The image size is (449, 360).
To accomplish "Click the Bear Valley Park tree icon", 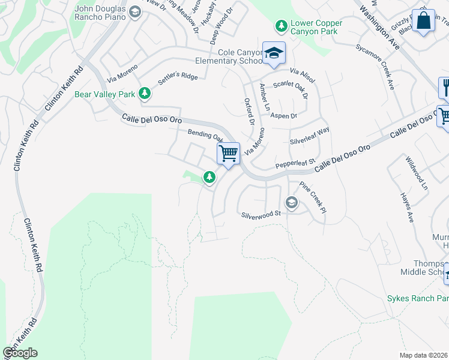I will point(144,94).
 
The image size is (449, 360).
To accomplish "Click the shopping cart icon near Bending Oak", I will point(228,154).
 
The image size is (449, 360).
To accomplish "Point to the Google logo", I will point(20,353).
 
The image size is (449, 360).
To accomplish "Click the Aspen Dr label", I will point(283,116).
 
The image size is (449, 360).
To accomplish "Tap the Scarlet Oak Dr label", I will point(291,89).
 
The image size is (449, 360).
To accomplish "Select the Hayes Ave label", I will point(407,208).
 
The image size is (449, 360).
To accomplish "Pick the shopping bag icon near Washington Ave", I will point(424,20).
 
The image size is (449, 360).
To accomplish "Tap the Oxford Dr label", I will point(249,112).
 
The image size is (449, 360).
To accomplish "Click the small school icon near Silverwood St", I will point(292,202).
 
